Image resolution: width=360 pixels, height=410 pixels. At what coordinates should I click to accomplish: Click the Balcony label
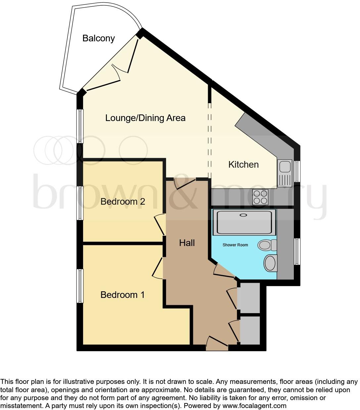point(98,38)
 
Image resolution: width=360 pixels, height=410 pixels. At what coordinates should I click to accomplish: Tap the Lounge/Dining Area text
point(145,118)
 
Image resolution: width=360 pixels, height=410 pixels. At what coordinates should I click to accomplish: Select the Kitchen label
point(244,165)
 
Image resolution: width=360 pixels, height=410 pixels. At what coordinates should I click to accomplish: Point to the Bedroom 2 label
point(123,201)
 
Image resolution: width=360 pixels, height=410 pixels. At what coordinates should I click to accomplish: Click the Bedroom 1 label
point(122,295)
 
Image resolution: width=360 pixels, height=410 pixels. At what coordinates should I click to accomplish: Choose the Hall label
point(187,243)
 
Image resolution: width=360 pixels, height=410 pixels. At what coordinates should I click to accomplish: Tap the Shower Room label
point(235,245)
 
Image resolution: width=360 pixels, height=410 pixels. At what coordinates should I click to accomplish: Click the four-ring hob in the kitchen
point(260,197)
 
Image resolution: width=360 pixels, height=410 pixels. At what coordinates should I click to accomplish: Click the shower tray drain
point(243,215)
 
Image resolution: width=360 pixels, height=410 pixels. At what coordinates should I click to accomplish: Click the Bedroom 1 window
point(80,286)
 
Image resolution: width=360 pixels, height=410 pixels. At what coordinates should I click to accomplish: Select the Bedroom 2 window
point(80,203)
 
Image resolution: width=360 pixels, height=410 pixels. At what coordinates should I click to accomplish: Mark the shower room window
point(297,251)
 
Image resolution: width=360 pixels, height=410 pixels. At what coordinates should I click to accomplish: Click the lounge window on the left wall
point(80,127)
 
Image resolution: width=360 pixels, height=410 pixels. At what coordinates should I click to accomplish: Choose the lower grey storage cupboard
point(250,330)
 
